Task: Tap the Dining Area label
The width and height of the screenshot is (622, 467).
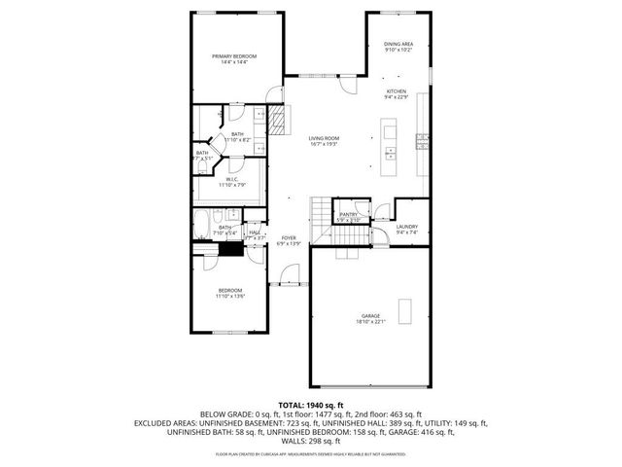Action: pos(398,44)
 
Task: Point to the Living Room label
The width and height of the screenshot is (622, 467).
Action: pos(323,139)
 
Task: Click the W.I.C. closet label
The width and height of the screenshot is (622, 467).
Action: pos(233,179)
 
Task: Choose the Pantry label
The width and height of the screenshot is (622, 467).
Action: pos(349,215)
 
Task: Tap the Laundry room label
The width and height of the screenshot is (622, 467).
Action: pos(407,227)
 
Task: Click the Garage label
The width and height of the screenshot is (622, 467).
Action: pos(370,316)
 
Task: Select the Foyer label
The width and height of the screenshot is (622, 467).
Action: pos(289,238)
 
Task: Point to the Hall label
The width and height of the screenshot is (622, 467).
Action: pos(255,233)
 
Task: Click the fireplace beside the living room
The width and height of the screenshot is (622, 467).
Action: pos(280,123)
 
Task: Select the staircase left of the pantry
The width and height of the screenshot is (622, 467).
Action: pos(322,209)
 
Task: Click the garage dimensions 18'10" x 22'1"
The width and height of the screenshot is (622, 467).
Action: pos(370,322)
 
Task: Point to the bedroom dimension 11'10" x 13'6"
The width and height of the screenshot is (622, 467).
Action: pos(230,296)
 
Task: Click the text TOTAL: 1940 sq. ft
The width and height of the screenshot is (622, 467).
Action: pos(310,404)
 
